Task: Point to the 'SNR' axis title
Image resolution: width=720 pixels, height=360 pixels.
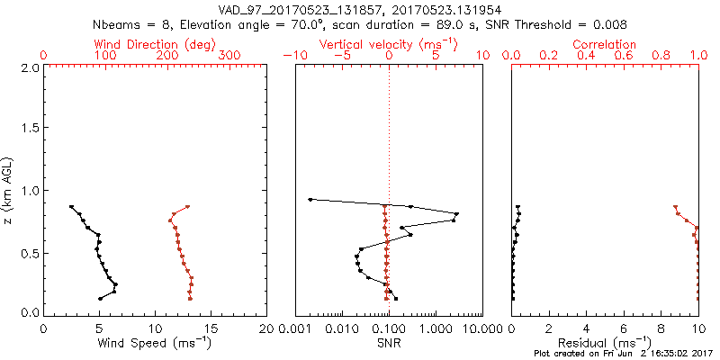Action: point(389,343)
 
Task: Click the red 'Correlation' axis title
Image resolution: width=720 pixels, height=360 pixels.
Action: point(605,44)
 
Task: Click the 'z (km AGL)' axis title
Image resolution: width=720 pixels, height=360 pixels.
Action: point(10,189)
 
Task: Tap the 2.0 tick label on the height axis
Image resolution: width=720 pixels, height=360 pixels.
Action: point(29,67)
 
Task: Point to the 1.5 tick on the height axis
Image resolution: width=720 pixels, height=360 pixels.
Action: point(29,129)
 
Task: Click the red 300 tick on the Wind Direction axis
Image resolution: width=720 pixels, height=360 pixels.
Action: point(229,56)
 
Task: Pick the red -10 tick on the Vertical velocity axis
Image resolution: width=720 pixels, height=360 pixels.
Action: point(292,56)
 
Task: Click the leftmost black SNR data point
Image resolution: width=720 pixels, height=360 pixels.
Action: point(310,199)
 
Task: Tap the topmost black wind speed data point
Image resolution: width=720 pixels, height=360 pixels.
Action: point(71,207)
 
